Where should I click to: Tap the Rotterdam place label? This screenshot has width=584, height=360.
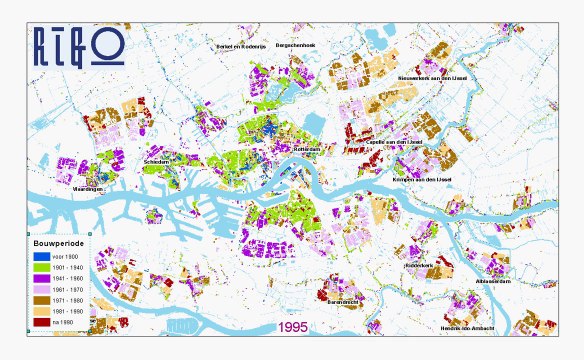tap(306, 150)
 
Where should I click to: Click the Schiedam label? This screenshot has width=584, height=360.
tap(157, 161)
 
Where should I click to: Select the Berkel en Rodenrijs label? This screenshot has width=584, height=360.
tap(243, 46)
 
